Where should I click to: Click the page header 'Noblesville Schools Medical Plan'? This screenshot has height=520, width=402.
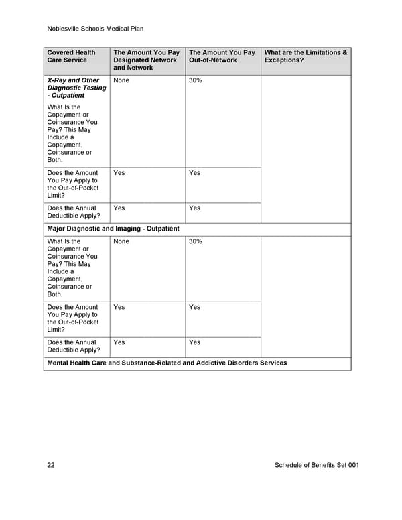[x=96, y=29]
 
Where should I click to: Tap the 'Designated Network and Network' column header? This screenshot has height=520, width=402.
[x=146, y=60]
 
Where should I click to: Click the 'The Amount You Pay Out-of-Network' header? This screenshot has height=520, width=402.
[x=222, y=56]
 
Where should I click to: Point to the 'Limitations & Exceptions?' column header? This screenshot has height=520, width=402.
[x=306, y=56]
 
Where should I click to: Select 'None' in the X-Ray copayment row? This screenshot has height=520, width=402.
[x=121, y=80]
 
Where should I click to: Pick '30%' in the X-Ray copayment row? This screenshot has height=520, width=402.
[x=196, y=80]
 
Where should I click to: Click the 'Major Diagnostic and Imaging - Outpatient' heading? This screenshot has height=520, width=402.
[x=113, y=229]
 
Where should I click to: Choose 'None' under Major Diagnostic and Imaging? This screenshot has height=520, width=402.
[x=121, y=241]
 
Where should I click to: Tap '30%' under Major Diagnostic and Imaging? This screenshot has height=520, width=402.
[x=196, y=241]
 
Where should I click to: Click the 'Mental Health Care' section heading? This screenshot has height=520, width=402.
[x=167, y=363]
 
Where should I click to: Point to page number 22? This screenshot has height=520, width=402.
[x=51, y=465]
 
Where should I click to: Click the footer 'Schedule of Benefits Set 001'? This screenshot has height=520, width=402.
[x=316, y=465]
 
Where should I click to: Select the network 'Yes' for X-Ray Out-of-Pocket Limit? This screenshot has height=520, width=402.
[x=119, y=173]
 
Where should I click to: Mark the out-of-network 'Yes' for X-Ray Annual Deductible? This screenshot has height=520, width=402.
[x=194, y=208]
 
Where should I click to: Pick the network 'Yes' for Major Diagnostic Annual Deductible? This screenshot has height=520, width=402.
[x=119, y=342]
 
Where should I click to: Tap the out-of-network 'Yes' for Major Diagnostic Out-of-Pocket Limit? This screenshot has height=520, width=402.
[x=194, y=307]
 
